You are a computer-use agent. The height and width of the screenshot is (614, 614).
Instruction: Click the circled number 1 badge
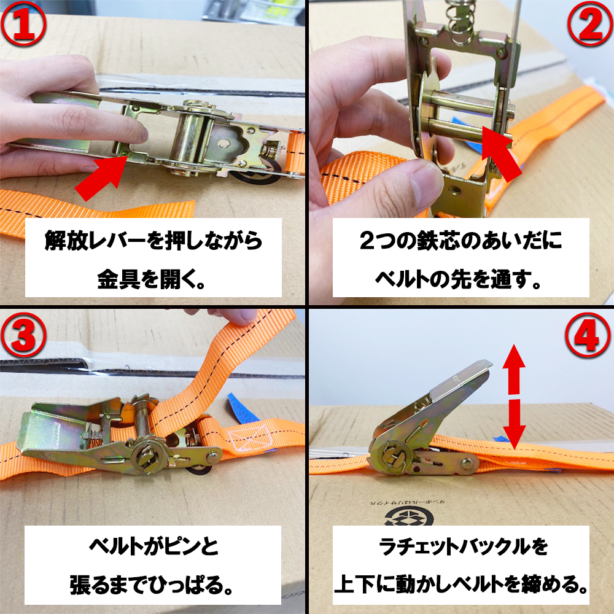[x=24, y=24]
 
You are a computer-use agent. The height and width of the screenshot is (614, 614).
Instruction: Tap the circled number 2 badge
[x=590, y=24]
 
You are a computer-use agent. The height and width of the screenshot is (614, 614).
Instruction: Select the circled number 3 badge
[x=24, y=335]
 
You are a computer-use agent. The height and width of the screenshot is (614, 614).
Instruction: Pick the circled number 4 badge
[x=588, y=335]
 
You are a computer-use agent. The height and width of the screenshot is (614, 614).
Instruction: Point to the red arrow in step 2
[x=502, y=153]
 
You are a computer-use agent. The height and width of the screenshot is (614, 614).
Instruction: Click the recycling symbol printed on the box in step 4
[x=409, y=516]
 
